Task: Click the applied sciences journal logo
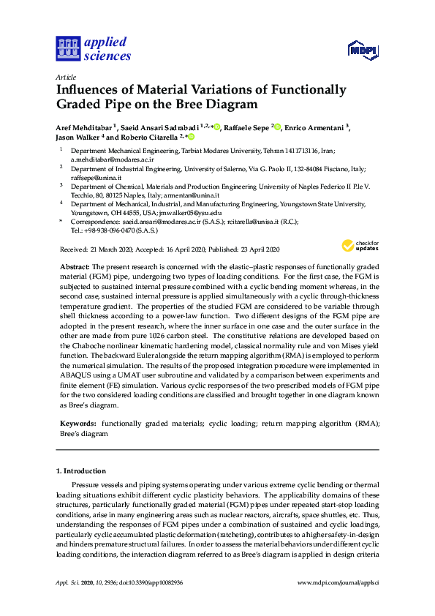click(93, 49)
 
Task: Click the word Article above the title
click(66, 76)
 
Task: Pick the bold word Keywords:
click(77, 424)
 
